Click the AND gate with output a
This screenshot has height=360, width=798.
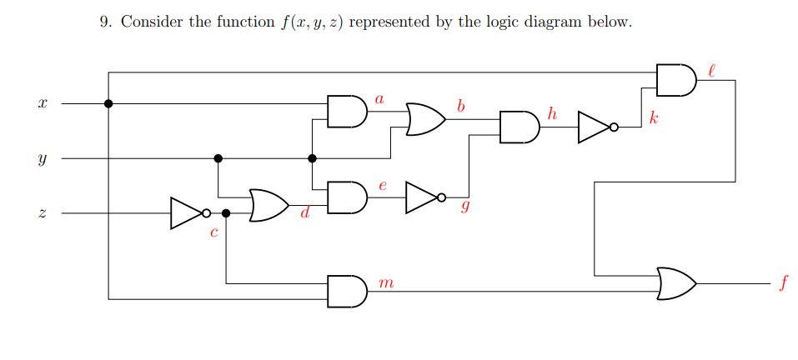coord(346,112)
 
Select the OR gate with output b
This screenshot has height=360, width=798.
coord(424,119)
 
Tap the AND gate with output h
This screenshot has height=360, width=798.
coord(519,127)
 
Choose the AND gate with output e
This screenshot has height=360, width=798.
coord(346,197)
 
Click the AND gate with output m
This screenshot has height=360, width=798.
coord(346,291)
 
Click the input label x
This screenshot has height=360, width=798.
coord(42,104)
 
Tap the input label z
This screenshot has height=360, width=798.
coord(42,214)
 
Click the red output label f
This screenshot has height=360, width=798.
coord(782,284)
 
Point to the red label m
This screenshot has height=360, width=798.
coord(385,284)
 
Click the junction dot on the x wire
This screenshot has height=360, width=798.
coord(108,103)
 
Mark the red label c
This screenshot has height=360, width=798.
coord(213,234)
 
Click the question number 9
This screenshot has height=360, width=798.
coord(105,22)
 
